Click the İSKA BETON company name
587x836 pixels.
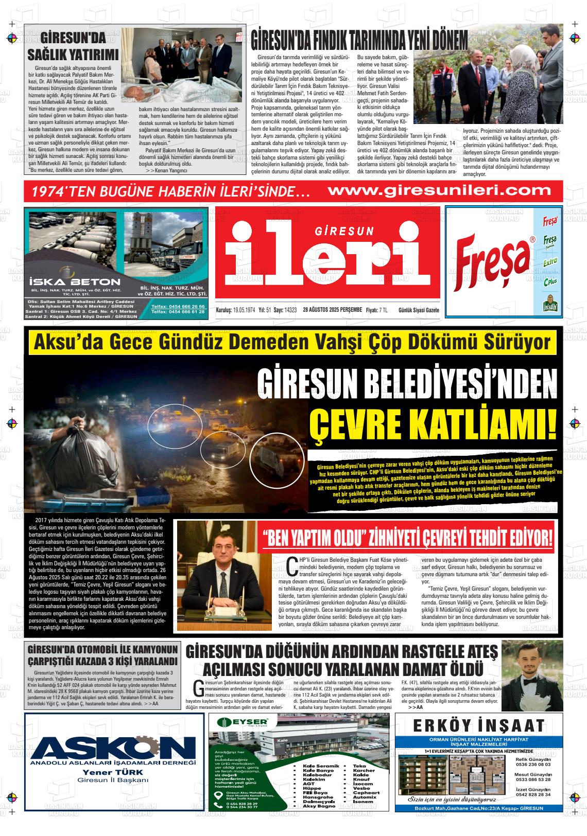(75, 282)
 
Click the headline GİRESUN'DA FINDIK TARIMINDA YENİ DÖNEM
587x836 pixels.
(359, 39)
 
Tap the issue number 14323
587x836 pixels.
(291, 310)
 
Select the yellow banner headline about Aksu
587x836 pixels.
(292, 343)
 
